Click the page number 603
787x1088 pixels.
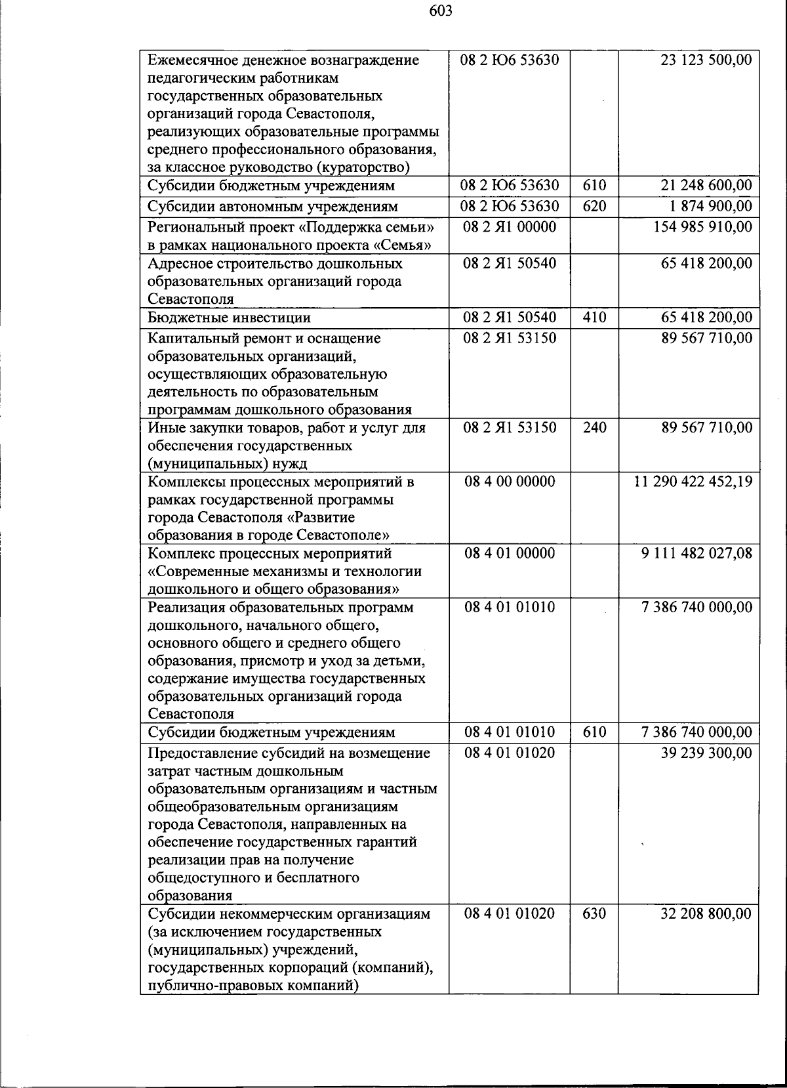(x=441, y=10)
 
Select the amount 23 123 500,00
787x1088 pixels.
(x=706, y=61)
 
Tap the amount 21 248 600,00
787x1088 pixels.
(x=706, y=186)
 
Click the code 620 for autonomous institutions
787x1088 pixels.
(x=594, y=207)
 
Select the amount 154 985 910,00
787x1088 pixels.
(x=703, y=228)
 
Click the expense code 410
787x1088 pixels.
(x=594, y=318)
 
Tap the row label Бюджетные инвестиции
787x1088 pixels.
(x=230, y=318)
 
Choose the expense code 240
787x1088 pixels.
(x=594, y=429)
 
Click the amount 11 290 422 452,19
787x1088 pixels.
(x=693, y=482)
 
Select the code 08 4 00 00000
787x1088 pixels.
(x=509, y=482)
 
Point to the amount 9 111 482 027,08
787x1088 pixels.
(x=697, y=554)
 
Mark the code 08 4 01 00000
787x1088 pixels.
(x=509, y=554)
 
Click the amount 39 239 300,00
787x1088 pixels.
(x=706, y=753)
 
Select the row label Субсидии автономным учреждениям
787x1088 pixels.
(x=273, y=207)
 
